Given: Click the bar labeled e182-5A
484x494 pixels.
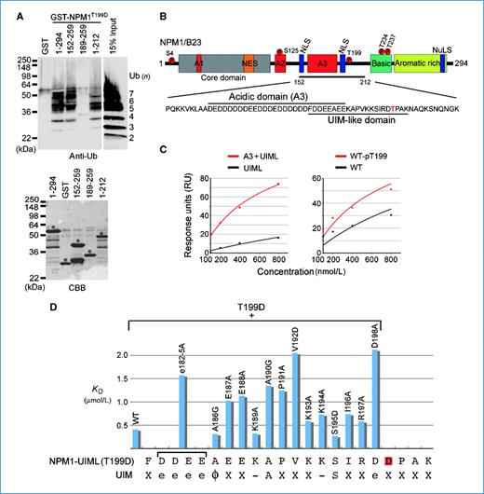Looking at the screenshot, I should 183,411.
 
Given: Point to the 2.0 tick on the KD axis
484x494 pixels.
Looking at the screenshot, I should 114,354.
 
